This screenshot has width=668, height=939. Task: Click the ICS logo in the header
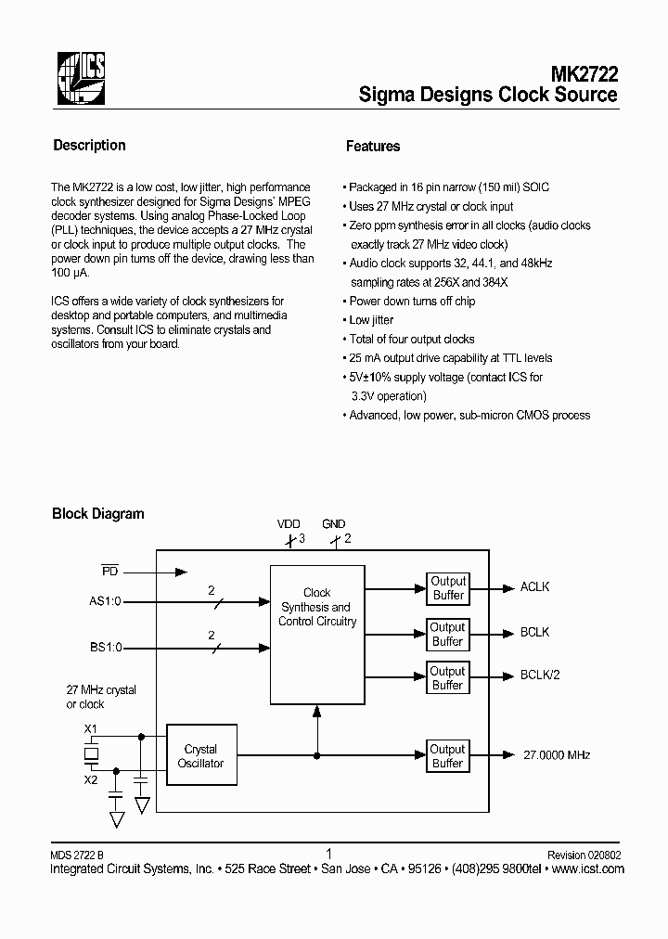point(82,77)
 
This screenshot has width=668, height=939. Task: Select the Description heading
point(89,146)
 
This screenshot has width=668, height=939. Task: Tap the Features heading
point(373,147)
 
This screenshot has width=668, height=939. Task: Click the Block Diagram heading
point(97,513)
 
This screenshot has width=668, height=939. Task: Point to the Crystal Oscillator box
point(200,756)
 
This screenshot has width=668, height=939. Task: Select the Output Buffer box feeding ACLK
point(447,588)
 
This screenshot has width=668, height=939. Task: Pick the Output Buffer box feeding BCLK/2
point(447,678)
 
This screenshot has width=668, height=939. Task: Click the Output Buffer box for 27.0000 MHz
point(447,756)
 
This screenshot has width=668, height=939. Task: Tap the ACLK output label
point(534,587)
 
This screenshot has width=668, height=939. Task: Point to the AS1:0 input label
point(104,602)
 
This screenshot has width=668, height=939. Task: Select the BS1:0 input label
point(104,648)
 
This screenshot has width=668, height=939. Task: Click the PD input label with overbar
point(109,571)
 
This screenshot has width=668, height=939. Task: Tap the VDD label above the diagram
point(289,524)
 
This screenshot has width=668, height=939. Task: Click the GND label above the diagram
point(333,524)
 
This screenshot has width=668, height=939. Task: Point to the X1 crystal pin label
point(91,729)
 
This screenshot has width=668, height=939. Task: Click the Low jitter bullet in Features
point(370,320)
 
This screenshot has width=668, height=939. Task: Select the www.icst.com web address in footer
point(587,869)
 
